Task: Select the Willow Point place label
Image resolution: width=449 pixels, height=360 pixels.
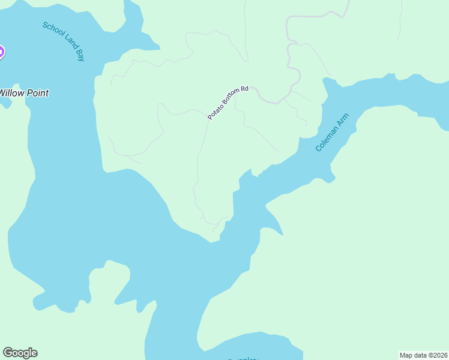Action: pos(23,93)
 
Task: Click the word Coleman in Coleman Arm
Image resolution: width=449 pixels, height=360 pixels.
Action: pos(326,140)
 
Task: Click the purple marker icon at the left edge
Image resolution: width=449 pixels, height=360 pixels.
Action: pos(1,52)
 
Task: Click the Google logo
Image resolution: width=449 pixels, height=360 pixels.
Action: pos(20,353)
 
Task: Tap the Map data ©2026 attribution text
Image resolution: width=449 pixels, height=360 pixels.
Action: pos(423,355)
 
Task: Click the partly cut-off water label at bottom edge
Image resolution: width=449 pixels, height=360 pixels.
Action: pos(243,358)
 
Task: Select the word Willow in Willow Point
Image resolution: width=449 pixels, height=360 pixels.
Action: pos(11,93)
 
